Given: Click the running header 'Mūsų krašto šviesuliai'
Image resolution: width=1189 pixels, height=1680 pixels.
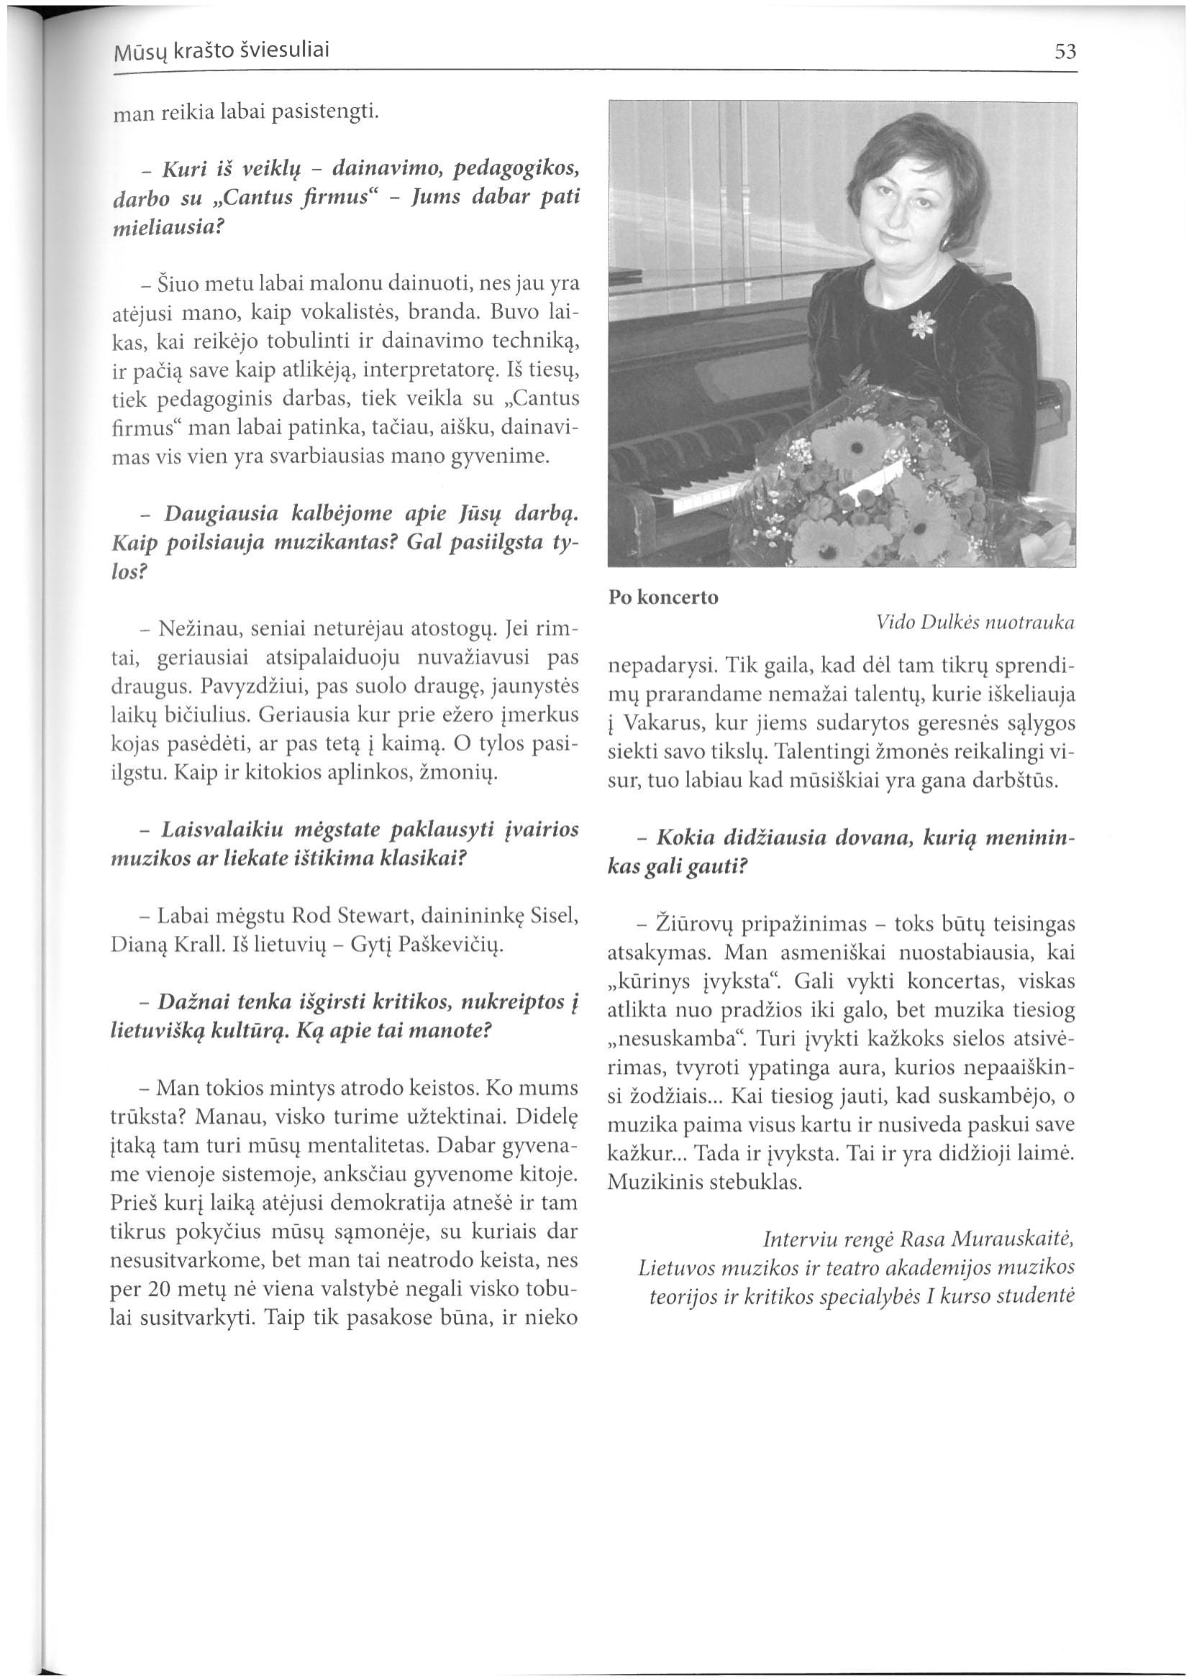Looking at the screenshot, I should (221, 50).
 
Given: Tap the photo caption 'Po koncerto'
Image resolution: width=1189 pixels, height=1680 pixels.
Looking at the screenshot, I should (663, 597).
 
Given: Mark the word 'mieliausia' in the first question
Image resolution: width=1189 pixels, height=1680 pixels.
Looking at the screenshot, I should (164, 227).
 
